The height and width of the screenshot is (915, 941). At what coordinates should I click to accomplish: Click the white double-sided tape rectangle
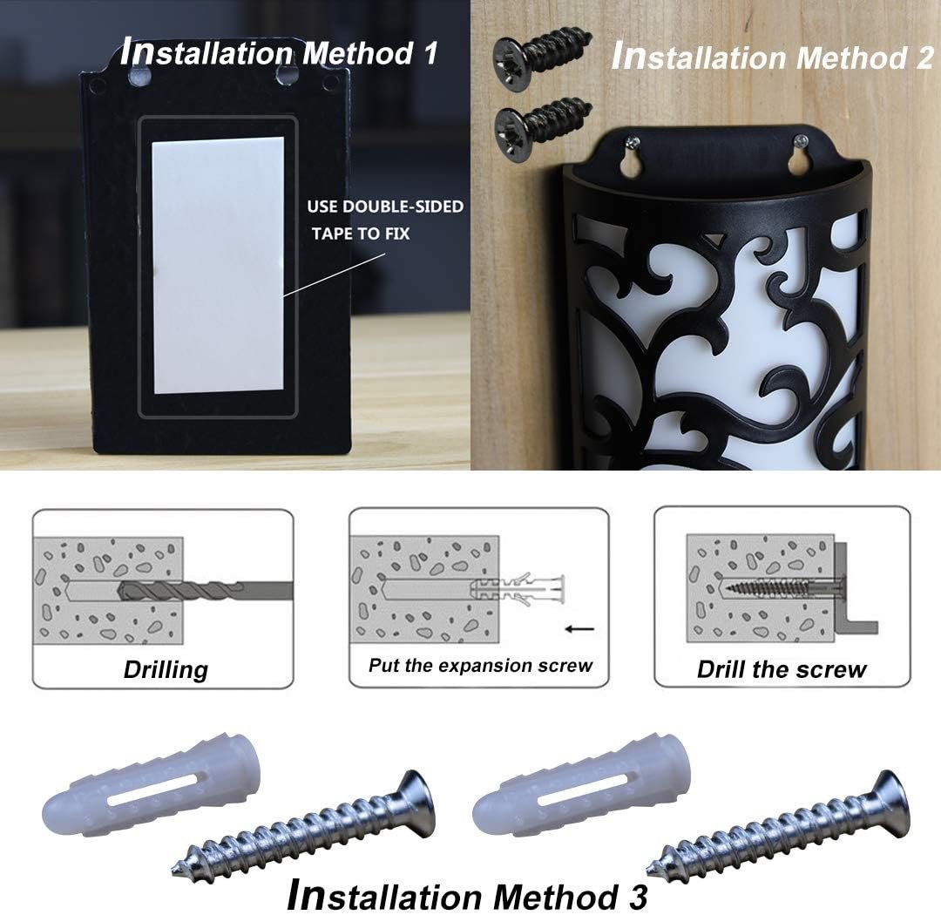pyautogui.click(x=219, y=265)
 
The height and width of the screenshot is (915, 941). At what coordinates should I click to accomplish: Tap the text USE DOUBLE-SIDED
pyautogui.click(x=385, y=207)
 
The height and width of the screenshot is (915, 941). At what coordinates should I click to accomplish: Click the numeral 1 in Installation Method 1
pyautogui.click(x=430, y=53)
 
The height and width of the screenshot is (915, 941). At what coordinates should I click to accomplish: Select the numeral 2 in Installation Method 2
pyautogui.click(x=924, y=58)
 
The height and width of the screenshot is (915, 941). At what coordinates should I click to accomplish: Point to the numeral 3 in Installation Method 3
pyautogui.click(x=637, y=897)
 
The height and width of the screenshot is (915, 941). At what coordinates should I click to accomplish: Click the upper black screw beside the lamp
pyautogui.click(x=542, y=55)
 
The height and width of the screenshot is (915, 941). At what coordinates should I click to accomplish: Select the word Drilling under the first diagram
pyautogui.click(x=166, y=669)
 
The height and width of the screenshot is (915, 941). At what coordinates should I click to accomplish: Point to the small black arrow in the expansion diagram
pyautogui.click(x=579, y=629)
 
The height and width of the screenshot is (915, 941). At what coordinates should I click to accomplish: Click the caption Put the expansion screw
pyautogui.click(x=480, y=665)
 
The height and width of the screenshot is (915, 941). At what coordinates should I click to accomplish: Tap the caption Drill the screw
pyautogui.click(x=782, y=669)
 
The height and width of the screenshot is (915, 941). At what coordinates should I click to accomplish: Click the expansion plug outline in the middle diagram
pyautogui.click(x=518, y=590)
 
